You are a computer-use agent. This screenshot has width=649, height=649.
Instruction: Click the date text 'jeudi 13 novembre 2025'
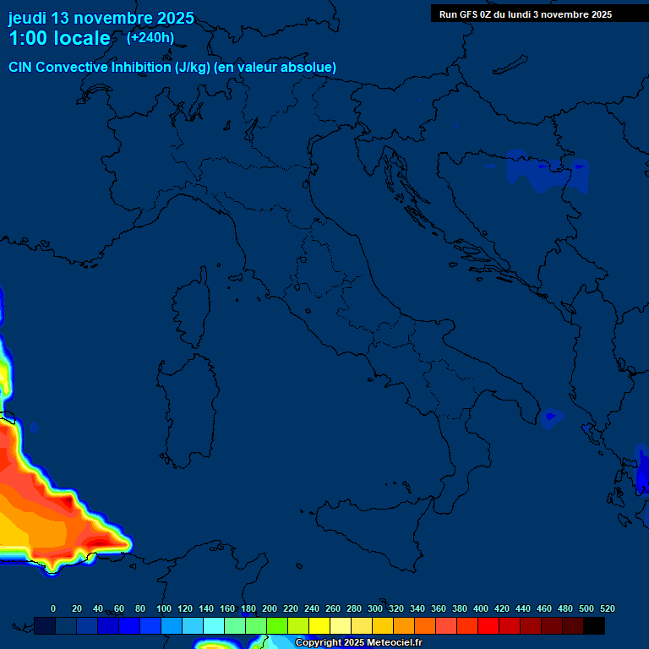[x=101, y=18]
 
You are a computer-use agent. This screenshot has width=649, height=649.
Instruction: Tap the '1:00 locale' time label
[x=59, y=38]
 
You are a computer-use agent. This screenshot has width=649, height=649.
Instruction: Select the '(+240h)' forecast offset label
[x=150, y=37]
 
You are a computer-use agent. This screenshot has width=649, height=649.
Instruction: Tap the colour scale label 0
[x=53, y=608]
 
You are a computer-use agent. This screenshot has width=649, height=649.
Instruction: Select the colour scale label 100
[x=164, y=608]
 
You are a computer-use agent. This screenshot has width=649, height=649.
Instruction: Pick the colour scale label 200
[x=270, y=608]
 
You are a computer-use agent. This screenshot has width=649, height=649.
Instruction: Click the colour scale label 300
[x=375, y=608]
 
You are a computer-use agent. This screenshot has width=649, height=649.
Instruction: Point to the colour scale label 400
[x=481, y=608]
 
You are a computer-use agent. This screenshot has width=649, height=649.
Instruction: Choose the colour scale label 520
[x=607, y=608]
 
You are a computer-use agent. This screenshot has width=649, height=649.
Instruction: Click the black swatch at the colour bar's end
[x=594, y=625]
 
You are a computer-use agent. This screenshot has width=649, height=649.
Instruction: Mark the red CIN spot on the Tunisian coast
[x=105, y=539]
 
